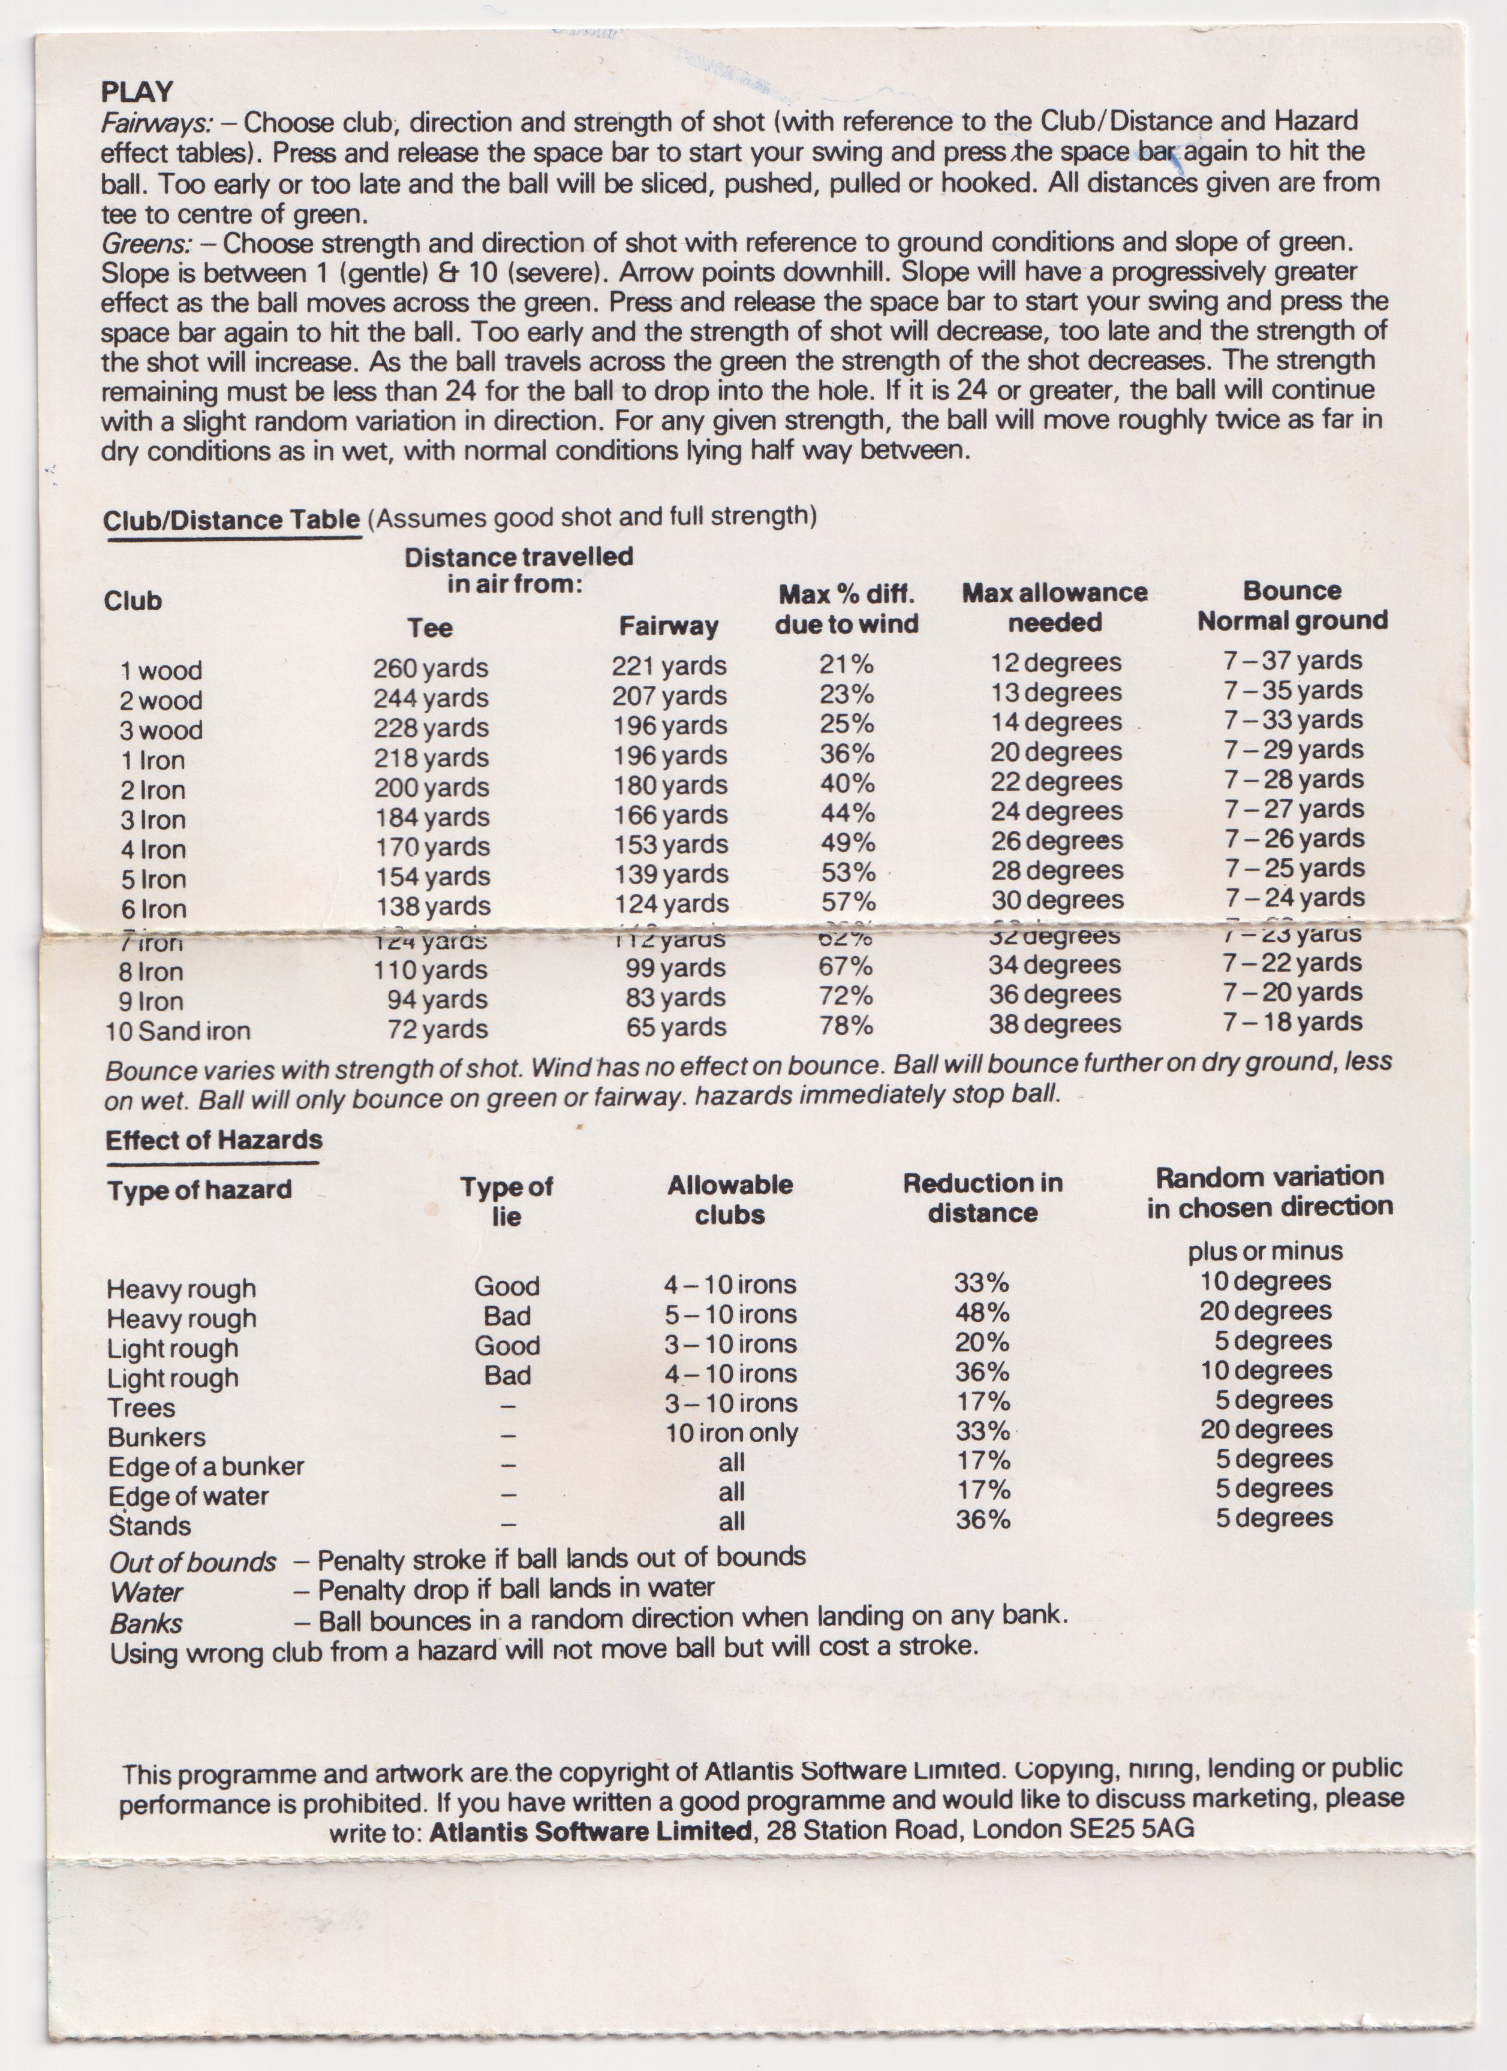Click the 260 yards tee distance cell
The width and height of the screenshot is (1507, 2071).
click(x=430, y=668)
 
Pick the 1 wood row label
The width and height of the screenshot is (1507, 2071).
click(x=161, y=671)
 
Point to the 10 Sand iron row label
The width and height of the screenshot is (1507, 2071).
click(x=177, y=1031)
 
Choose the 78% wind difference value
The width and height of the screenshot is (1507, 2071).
click(x=846, y=1026)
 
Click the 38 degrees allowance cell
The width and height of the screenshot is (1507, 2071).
click(x=1054, y=1024)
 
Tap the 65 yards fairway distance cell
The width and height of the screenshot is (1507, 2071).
click(x=676, y=1027)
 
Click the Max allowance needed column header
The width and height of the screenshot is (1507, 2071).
click(x=1054, y=607)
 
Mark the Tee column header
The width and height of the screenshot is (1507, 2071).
click(x=429, y=628)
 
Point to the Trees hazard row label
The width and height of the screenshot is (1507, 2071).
click(x=141, y=1408)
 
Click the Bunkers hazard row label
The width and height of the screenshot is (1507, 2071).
click(x=156, y=1437)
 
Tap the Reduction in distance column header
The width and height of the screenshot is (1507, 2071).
click(x=983, y=1198)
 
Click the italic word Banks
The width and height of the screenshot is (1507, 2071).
click(x=146, y=1624)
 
